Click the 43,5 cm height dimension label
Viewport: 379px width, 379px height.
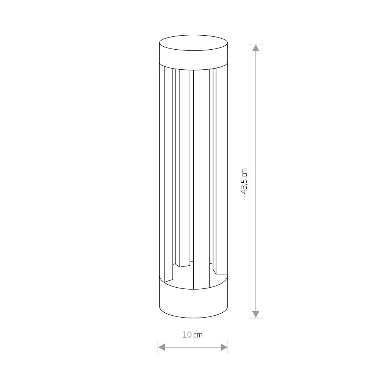[x=244, y=181]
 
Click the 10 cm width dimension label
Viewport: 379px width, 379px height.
[x=193, y=335]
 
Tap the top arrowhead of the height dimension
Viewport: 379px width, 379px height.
[x=256, y=48]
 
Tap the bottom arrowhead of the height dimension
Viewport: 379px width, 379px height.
[x=256, y=314]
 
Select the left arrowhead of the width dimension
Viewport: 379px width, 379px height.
[x=161, y=347]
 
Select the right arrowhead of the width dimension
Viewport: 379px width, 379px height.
[x=224, y=347]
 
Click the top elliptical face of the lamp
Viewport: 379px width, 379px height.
[x=193, y=43]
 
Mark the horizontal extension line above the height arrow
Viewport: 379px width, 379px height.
[x=256, y=44]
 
